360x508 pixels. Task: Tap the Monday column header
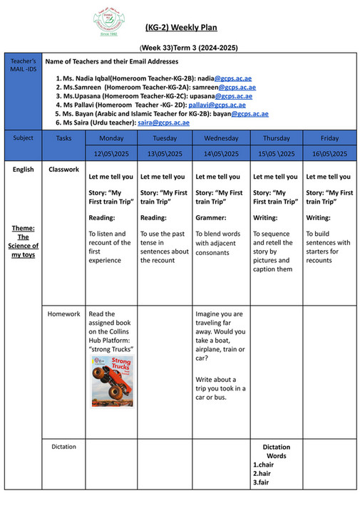click(x=111, y=138)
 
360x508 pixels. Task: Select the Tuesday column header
click(x=165, y=138)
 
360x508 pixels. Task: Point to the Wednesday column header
click(x=220, y=138)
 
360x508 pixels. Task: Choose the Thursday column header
click(x=276, y=138)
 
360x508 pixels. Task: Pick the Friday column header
click(x=329, y=138)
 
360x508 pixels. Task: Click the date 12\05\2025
click(x=111, y=153)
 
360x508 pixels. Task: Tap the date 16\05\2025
click(x=329, y=153)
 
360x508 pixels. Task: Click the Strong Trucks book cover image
click(x=112, y=381)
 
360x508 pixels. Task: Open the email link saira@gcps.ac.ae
click(x=163, y=123)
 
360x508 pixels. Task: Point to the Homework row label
click(x=64, y=313)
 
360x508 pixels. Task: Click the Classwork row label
click(x=64, y=170)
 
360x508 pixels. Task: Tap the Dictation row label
click(x=64, y=447)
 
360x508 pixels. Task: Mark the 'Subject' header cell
click(x=23, y=138)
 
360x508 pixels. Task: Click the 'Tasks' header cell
click(x=64, y=138)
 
